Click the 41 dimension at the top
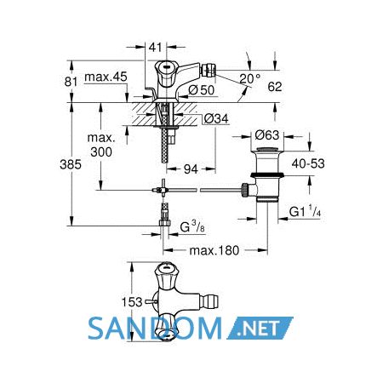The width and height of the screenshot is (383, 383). click(155, 48)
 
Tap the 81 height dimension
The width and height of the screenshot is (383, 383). click(71, 82)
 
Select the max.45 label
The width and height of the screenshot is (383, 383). click(106, 77)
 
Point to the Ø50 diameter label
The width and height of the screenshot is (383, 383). click(202, 90)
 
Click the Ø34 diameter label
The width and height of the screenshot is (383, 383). click(216, 119)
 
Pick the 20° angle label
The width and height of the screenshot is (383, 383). click(249, 79)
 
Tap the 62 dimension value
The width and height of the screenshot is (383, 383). click(275, 87)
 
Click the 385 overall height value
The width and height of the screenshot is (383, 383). click(71, 164)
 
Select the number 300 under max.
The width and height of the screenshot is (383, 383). click(101, 152)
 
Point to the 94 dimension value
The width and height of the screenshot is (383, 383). click(191, 169)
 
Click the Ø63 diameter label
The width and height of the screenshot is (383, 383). click(267, 135)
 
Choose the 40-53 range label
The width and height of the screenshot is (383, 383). click(308, 163)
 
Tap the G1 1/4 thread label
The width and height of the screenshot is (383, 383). click(306, 212)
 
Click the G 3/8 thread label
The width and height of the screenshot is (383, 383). click(192, 227)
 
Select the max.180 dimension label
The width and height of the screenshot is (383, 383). click(214, 250)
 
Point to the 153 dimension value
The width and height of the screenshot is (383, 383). click(132, 302)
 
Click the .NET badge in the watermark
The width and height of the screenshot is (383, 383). click(260, 329)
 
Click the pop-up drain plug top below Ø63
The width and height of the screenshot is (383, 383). click(267, 149)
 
